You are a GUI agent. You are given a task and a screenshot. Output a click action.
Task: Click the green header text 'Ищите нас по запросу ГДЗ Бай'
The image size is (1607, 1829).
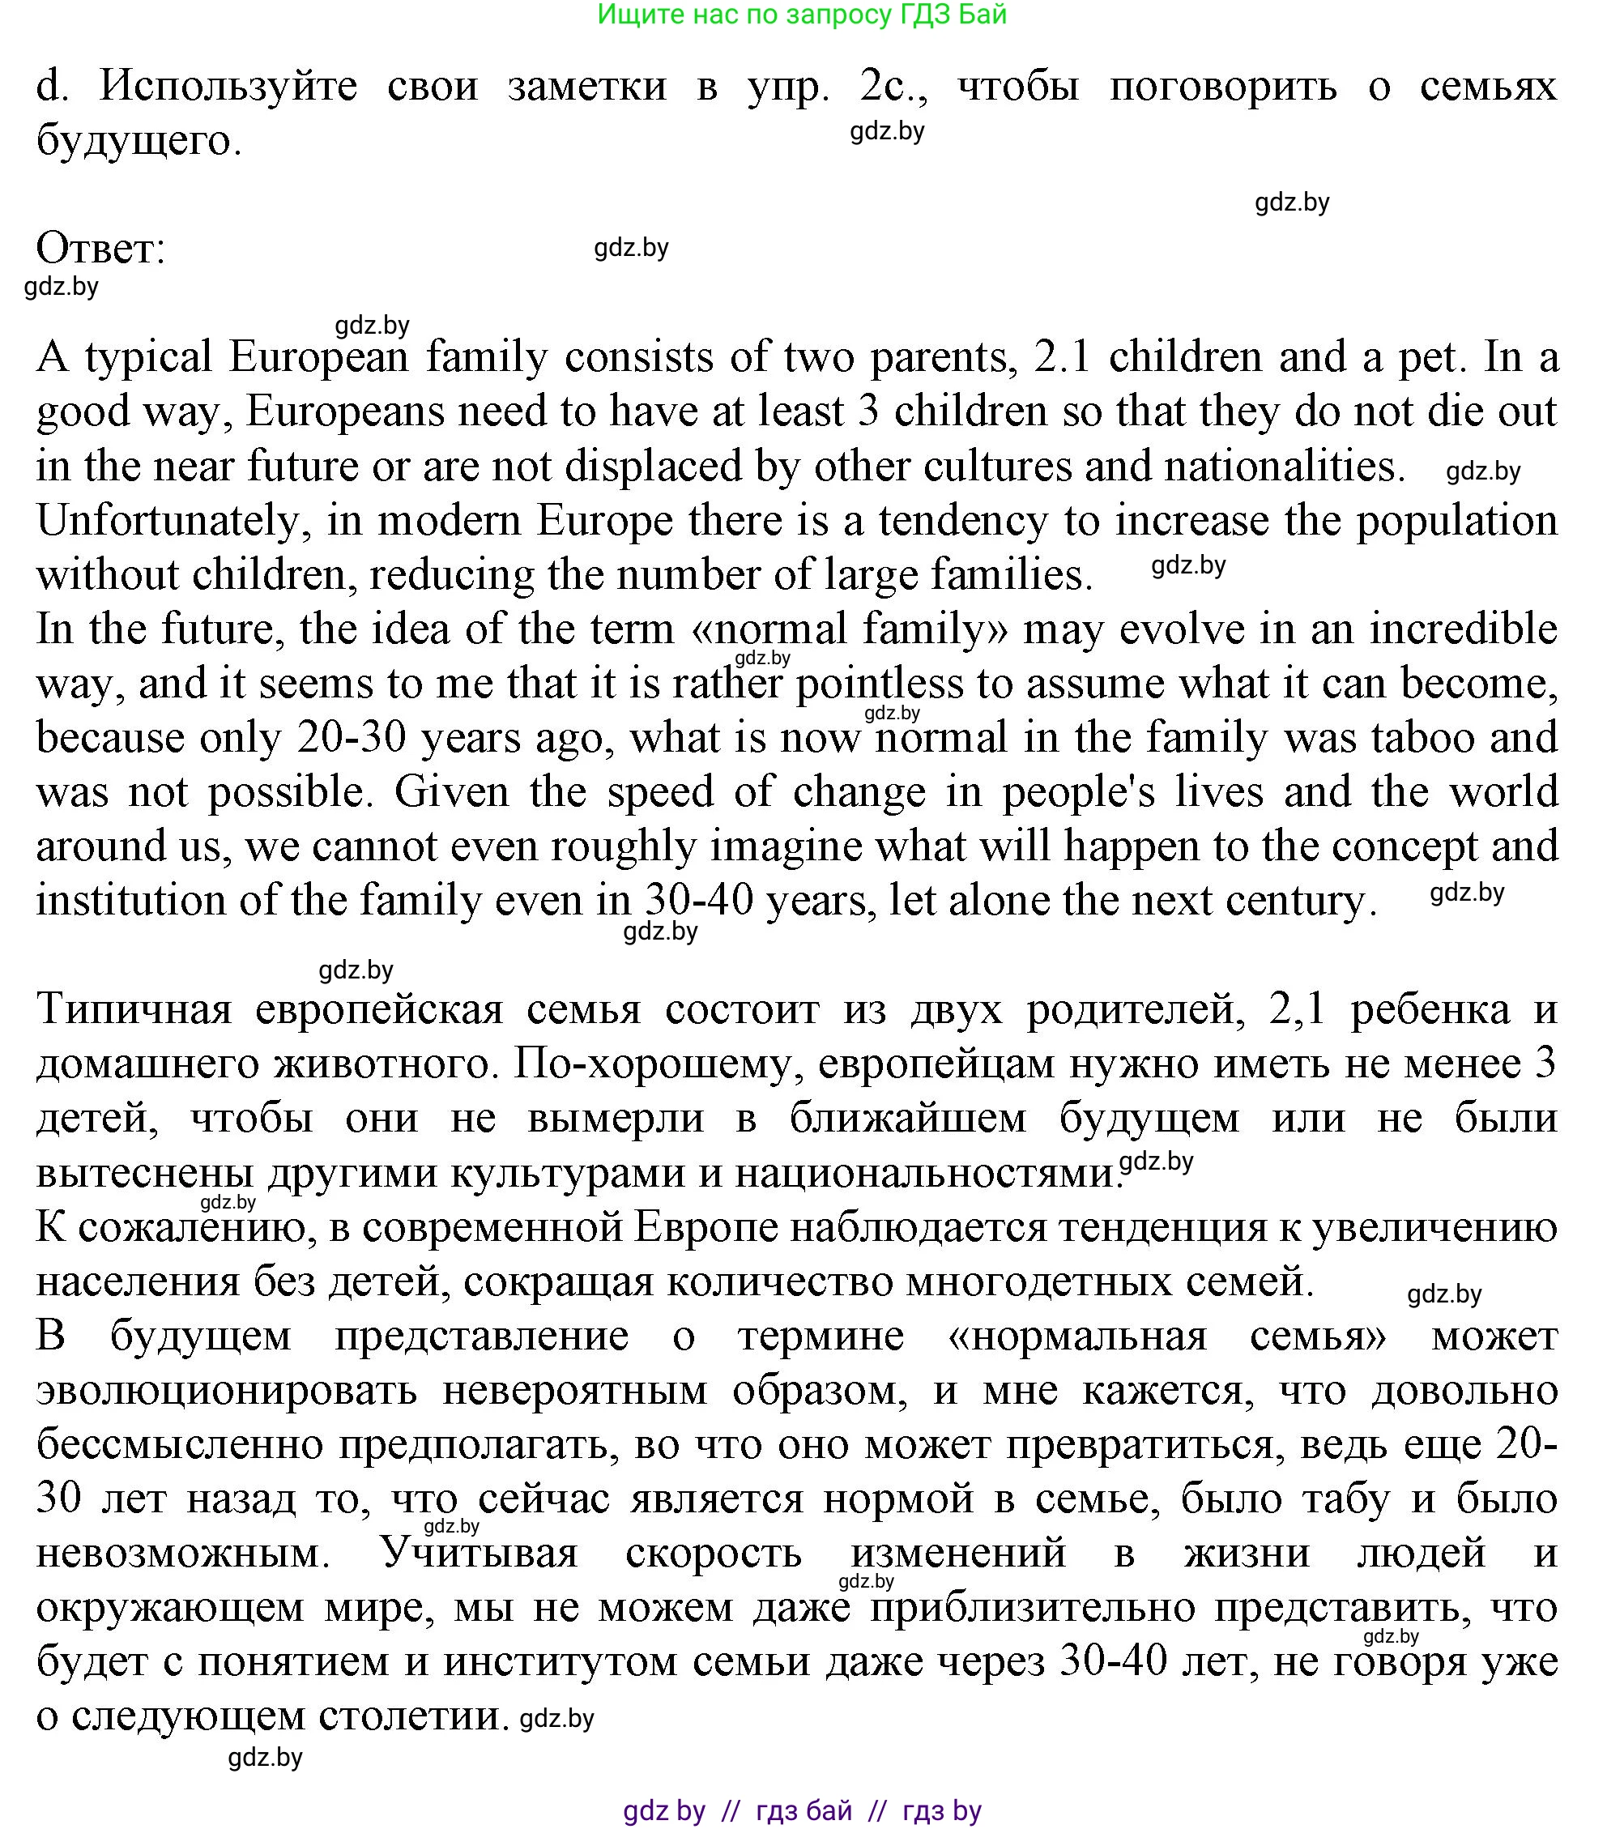(802, 15)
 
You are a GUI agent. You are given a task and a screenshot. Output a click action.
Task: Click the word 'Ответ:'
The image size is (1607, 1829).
(101, 248)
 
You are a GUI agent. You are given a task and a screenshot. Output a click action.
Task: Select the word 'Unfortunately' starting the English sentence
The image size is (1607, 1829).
(172, 521)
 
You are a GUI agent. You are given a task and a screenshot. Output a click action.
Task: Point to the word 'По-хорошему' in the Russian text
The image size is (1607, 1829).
(659, 1064)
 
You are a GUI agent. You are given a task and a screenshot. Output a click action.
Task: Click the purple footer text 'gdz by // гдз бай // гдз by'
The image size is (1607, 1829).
(802, 1811)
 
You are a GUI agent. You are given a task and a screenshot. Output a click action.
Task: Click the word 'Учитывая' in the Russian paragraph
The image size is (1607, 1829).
(480, 1554)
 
